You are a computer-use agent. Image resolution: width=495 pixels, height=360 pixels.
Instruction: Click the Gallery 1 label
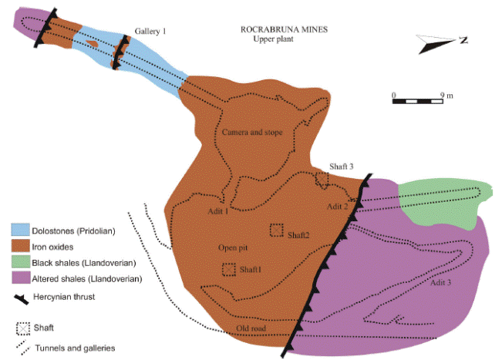[150, 32]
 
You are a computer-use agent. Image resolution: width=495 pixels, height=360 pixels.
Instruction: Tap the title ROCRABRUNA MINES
[284, 29]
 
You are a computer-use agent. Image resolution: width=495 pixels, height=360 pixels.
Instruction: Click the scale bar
[417, 101]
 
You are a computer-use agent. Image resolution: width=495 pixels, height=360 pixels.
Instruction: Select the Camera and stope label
[252, 132]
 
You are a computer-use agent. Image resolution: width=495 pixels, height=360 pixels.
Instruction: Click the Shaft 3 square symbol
[322, 179]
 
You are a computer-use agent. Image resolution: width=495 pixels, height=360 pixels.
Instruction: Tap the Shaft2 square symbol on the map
[277, 230]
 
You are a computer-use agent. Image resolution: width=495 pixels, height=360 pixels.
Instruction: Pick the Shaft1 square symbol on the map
[229, 270]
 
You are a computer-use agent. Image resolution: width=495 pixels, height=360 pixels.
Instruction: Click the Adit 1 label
[218, 211]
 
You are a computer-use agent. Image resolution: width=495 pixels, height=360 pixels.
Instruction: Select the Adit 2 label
[337, 207]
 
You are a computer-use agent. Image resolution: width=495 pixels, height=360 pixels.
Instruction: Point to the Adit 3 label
[440, 283]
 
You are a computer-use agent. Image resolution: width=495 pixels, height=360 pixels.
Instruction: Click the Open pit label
[233, 248]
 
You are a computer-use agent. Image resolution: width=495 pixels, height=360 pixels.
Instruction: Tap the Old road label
[251, 328]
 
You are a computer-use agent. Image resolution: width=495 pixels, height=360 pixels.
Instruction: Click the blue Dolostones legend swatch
[21, 230]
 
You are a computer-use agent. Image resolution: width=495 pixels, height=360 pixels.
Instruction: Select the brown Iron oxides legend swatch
[21, 245]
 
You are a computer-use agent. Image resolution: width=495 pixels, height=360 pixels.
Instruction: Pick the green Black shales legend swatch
[21, 261]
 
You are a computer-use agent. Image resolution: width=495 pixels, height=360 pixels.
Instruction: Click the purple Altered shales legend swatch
[21, 278]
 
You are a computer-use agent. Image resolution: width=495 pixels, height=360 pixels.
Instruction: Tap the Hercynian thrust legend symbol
[21, 299]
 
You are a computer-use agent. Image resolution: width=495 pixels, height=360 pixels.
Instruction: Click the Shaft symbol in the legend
[23, 328]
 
